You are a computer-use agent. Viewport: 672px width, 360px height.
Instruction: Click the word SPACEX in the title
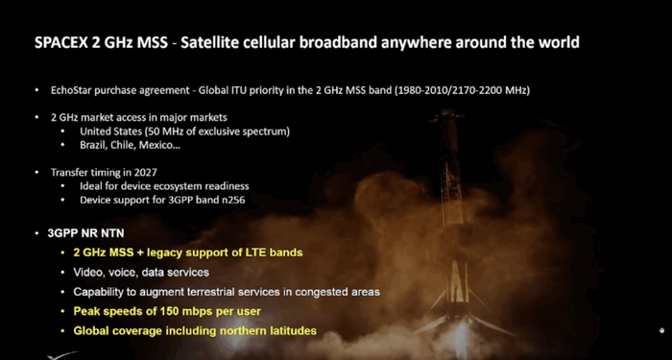coord(66,43)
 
